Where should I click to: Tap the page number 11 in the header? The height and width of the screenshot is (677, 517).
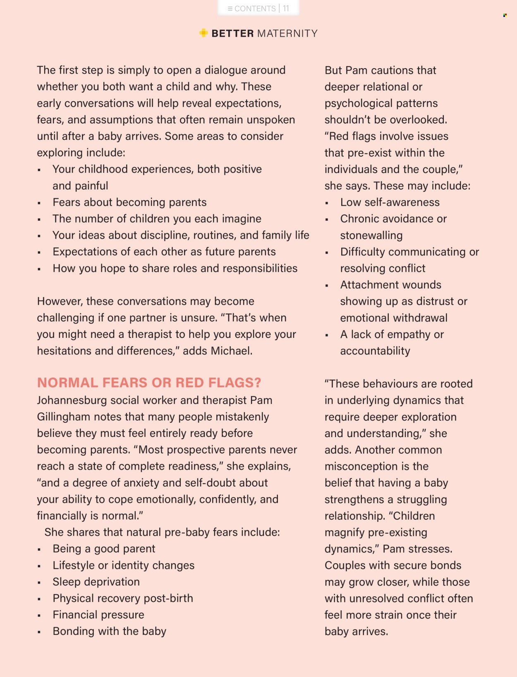[286, 9]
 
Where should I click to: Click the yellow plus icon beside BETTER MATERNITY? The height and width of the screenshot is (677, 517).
[203, 33]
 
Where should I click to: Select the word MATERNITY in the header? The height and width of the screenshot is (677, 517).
[287, 33]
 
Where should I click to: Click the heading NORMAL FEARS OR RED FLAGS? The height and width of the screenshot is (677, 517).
[149, 383]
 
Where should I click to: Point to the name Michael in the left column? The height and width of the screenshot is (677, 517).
[231, 351]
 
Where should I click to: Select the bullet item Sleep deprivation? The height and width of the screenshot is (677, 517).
[96, 582]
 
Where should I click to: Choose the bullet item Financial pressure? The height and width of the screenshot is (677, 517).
[98, 615]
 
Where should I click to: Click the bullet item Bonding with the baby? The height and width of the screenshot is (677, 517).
[109, 632]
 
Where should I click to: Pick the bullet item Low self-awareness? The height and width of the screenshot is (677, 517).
[390, 202]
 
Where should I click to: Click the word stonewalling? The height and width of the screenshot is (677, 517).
[371, 235]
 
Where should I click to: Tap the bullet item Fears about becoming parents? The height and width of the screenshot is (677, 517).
[129, 202]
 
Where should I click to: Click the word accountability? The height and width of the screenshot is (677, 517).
[375, 351]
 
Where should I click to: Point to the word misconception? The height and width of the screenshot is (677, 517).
[362, 466]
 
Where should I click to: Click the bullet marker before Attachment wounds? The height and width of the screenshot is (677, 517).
[327, 285]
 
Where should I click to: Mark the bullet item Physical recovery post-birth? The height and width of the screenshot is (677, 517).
[122, 598]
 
